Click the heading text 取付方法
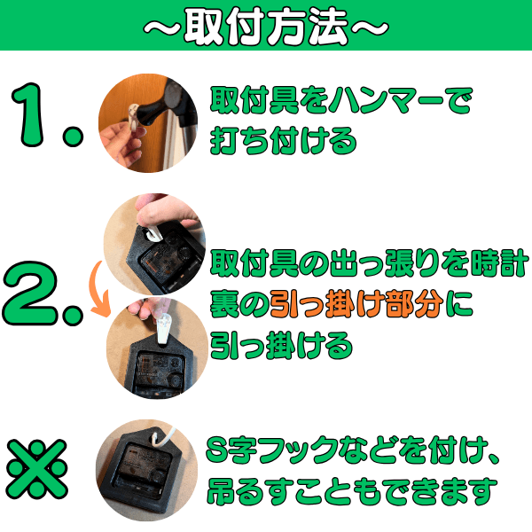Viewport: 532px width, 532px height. click(266, 27)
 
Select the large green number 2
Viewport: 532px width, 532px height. click(30, 293)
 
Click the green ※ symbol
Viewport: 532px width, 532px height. click(37, 469)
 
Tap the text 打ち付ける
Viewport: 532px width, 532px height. click(284, 140)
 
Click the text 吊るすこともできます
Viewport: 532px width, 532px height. click(352, 491)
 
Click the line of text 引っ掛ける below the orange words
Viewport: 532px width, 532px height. click(281, 346)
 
